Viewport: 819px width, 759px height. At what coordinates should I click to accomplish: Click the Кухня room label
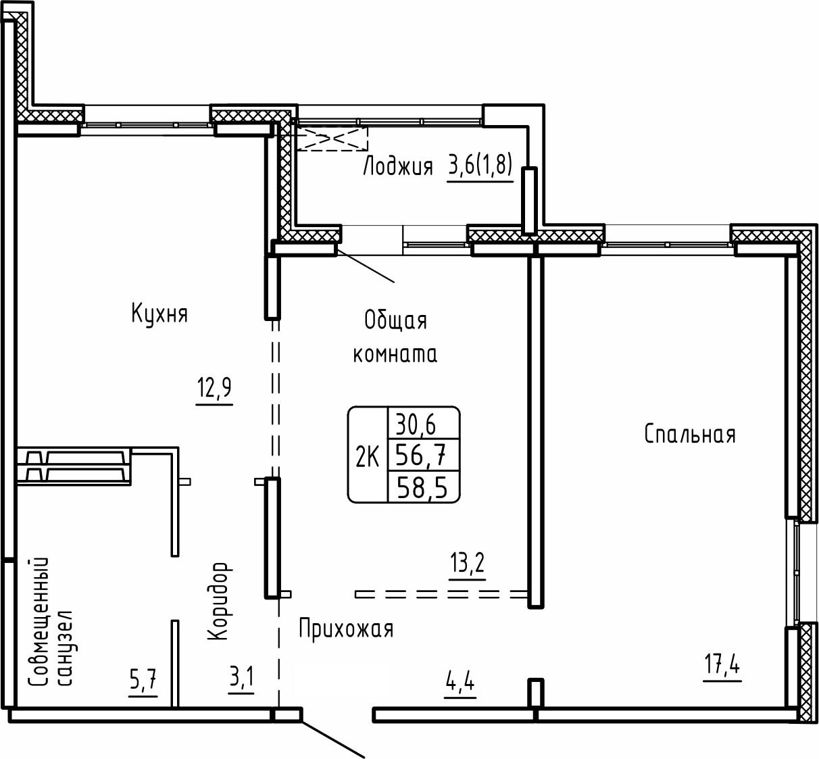click(159, 314)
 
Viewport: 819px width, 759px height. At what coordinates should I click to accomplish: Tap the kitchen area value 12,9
click(214, 388)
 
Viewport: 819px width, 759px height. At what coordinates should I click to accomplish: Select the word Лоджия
click(398, 167)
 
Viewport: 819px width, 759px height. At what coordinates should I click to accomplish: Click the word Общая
click(395, 321)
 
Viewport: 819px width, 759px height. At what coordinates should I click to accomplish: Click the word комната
click(395, 354)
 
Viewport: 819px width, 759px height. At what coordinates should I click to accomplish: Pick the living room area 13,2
click(467, 563)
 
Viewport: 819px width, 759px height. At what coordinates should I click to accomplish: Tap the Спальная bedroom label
click(690, 435)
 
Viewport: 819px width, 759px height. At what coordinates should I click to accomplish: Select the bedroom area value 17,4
click(722, 665)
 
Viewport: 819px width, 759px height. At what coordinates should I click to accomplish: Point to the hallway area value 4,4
click(460, 682)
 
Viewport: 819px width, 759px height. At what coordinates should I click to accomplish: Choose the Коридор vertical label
click(218, 602)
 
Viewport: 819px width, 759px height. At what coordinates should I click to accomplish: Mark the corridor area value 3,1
click(241, 677)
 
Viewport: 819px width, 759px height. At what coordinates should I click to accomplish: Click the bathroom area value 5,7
click(143, 680)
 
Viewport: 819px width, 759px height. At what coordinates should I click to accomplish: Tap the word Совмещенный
click(39, 622)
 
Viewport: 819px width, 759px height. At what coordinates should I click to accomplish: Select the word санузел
click(66, 648)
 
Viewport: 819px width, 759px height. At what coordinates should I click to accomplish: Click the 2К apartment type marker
click(367, 457)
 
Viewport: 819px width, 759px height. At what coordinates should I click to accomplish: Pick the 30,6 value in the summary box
click(416, 424)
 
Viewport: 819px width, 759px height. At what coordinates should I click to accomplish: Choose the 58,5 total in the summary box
click(422, 489)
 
